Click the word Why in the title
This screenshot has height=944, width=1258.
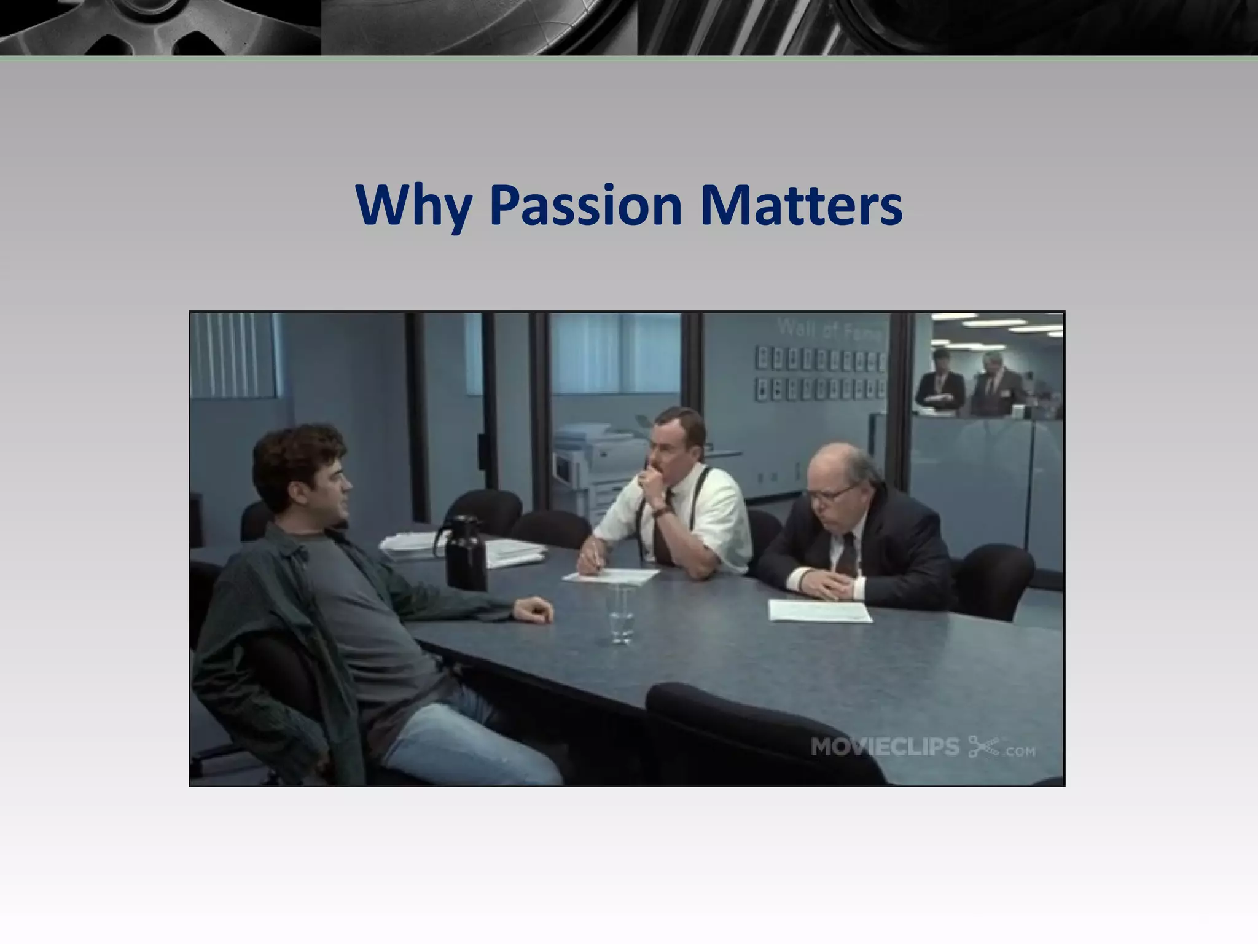413,205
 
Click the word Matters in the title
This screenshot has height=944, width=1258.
800,205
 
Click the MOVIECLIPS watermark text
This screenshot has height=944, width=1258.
885,747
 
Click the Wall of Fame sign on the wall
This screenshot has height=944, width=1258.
830,330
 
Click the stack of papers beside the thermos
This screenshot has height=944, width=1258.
408,547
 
